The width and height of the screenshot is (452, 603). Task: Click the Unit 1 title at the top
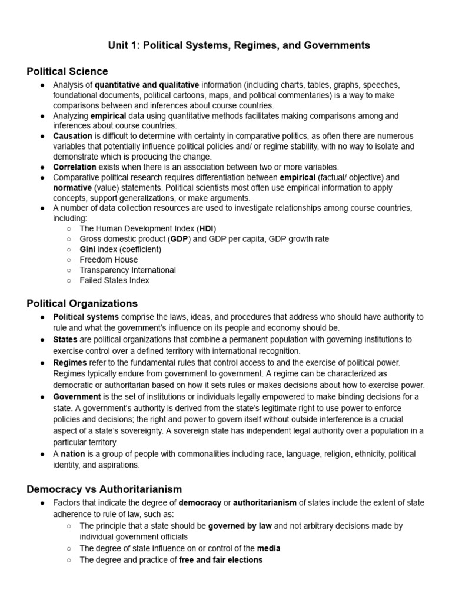click(x=238, y=45)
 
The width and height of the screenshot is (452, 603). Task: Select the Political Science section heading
click(x=67, y=71)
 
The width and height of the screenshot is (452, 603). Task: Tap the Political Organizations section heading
click(x=82, y=303)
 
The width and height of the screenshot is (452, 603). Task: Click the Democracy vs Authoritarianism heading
click(x=104, y=489)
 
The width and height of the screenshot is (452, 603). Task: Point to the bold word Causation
click(x=72, y=136)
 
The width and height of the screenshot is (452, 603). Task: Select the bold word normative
click(x=72, y=188)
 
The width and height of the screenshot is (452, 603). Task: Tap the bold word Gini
click(x=88, y=249)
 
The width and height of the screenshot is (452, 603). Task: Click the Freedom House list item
click(x=109, y=260)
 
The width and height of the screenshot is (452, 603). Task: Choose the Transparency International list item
click(x=128, y=270)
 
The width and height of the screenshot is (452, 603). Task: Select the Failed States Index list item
click(x=115, y=280)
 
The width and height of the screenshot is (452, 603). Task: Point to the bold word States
click(x=65, y=340)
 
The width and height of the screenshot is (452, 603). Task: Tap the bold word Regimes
click(x=70, y=362)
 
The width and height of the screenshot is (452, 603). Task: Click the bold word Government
click(x=77, y=396)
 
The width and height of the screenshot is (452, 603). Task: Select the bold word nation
click(x=73, y=454)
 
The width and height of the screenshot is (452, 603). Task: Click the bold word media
click(x=268, y=548)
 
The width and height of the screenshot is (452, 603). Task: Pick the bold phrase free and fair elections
click(x=221, y=560)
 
